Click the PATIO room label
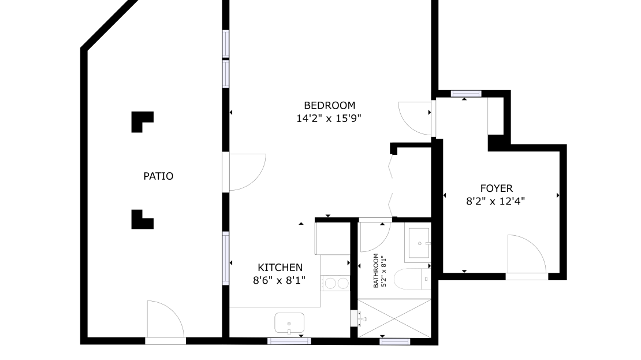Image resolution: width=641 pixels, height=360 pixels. click(x=158, y=176)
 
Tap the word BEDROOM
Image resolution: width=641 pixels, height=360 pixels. click(x=330, y=105)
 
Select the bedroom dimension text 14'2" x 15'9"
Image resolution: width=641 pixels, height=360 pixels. click(x=329, y=118)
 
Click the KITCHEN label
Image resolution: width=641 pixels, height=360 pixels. click(x=280, y=268)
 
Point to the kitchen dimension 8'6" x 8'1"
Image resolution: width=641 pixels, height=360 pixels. click(x=279, y=281)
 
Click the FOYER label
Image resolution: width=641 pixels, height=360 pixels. click(x=496, y=188)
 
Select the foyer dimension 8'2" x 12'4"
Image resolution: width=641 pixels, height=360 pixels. click(x=495, y=201)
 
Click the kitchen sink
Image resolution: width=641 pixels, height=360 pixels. click(x=289, y=323)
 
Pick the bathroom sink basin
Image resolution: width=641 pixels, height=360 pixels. click(x=419, y=243)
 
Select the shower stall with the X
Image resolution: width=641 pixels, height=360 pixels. click(x=394, y=318)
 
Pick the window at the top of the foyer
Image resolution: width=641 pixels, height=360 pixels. click(x=466, y=94)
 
